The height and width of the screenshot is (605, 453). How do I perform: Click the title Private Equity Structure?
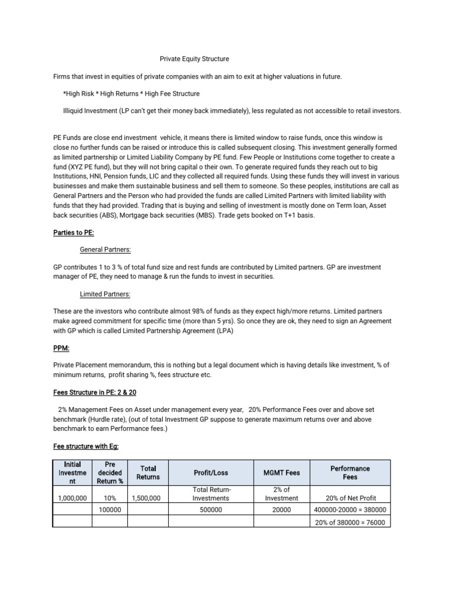coord(195,59)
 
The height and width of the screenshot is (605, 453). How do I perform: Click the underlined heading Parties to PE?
coord(73,232)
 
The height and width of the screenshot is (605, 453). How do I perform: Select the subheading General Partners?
coord(105,249)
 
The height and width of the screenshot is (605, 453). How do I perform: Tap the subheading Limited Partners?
coord(105,294)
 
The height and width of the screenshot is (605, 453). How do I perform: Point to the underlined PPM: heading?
coord(61,349)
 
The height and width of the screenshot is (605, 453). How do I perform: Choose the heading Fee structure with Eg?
coord(81,447)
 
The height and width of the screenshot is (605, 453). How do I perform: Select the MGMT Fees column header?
coord(281,473)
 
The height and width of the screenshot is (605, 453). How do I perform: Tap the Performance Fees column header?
coord(350,472)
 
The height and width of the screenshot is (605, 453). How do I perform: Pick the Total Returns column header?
coord(148,472)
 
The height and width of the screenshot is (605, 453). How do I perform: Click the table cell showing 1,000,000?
coord(73,499)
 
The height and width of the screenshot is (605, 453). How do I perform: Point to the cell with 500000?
coord(212,510)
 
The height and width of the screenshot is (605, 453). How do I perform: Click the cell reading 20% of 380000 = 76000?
coord(350,522)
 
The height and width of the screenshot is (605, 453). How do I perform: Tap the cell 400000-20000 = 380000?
coord(350,510)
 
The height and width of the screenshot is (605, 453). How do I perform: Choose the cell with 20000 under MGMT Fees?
coord(281,510)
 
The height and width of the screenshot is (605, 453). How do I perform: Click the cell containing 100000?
coord(110,510)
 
